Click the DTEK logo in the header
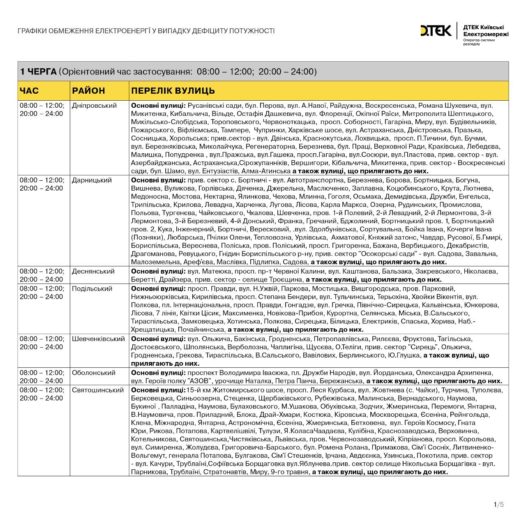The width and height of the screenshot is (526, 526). click(435, 31)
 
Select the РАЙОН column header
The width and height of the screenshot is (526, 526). click(88, 91)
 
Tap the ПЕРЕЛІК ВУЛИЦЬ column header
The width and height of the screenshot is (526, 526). click(173, 91)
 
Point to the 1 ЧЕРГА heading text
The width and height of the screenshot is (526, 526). click(38, 72)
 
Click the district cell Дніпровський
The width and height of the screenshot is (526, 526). click(94, 106)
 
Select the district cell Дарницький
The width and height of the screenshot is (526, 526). click(92, 180)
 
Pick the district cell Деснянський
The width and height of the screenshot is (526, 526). click(93, 271)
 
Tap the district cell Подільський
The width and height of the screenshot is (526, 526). click(92, 288)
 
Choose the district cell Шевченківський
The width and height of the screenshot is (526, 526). click(98, 339)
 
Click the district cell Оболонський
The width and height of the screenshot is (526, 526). click(93, 373)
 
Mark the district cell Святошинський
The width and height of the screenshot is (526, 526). click(97, 390)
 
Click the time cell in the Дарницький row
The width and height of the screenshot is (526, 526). click(42, 184)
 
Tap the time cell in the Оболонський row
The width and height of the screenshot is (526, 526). click(42, 377)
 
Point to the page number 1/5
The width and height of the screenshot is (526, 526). click(498, 505)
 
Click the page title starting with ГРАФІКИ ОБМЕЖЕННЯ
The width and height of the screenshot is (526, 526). click(146, 31)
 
